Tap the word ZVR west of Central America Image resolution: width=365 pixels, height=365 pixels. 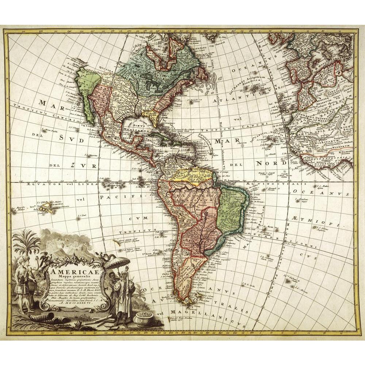84,166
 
